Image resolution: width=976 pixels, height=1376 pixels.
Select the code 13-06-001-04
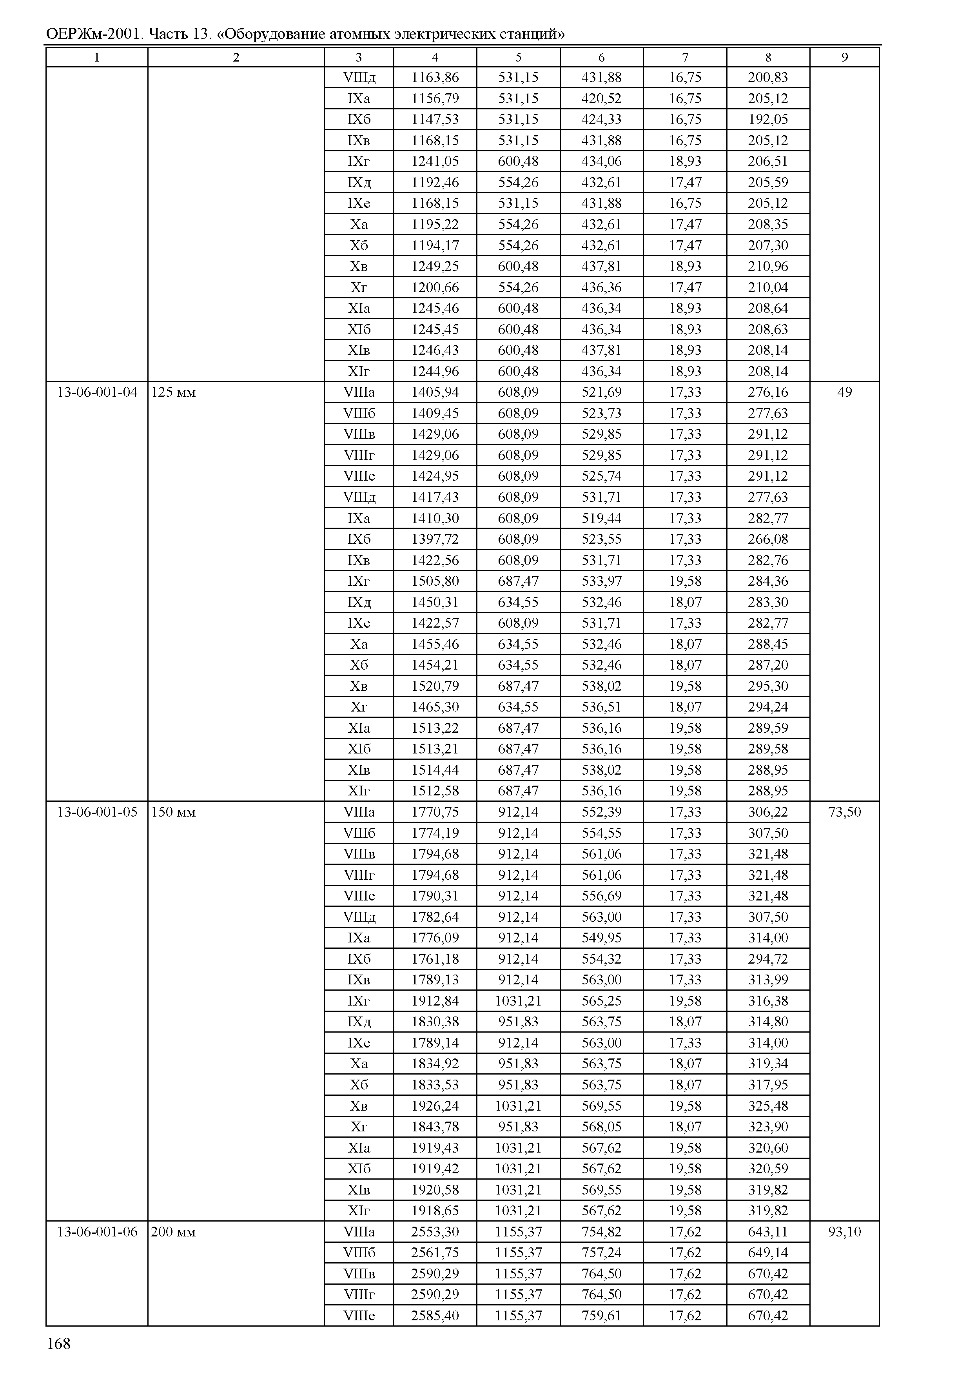(97, 392)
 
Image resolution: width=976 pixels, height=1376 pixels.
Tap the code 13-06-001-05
(97, 812)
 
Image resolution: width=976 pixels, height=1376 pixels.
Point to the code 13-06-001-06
(97, 1232)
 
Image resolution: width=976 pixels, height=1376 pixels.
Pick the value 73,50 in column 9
(844, 812)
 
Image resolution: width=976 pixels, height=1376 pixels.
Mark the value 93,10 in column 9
(844, 1232)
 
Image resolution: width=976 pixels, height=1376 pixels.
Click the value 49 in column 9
(844, 392)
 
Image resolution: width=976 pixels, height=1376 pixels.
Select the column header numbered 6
(602, 57)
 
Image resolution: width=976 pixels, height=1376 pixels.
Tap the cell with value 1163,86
(435, 78)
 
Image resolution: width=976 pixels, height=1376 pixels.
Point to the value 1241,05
(435, 161)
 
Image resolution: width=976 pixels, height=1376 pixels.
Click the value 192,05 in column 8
(767, 119)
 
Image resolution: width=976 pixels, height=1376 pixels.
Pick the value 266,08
(767, 539)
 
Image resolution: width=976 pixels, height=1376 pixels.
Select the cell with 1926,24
(435, 1106)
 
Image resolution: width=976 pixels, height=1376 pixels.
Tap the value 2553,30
(435, 1232)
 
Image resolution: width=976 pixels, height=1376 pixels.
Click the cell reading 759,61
(602, 1315)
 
